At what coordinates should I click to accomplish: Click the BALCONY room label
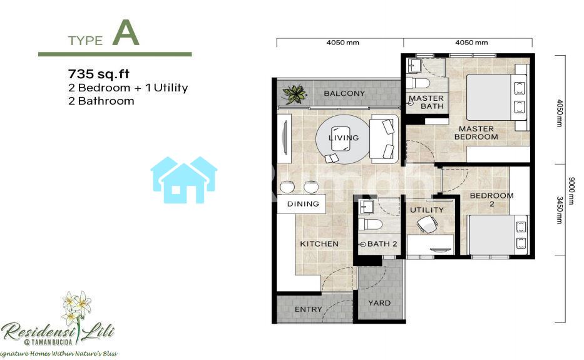coord(344,93)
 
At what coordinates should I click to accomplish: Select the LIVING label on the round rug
coord(344,138)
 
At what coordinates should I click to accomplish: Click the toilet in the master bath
coord(418,83)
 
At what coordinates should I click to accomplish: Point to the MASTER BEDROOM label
coord(476,133)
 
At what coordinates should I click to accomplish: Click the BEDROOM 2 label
coord(491,199)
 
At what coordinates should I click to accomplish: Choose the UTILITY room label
coord(427,210)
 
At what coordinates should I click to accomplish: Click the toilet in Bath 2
coord(370,224)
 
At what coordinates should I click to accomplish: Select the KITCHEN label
coord(319,244)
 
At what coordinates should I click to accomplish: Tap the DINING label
coord(303,204)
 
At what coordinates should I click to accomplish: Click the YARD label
coord(379,303)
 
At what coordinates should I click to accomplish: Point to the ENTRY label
coord(309,309)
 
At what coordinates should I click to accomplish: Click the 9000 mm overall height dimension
coord(571,191)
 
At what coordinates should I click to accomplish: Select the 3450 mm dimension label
coord(560,210)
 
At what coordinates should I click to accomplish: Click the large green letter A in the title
coord(126,33)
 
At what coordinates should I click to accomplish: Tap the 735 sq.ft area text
coord(99,74)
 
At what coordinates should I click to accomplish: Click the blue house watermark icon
coord(184,180)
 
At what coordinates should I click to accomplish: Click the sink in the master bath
coord(414,66)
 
